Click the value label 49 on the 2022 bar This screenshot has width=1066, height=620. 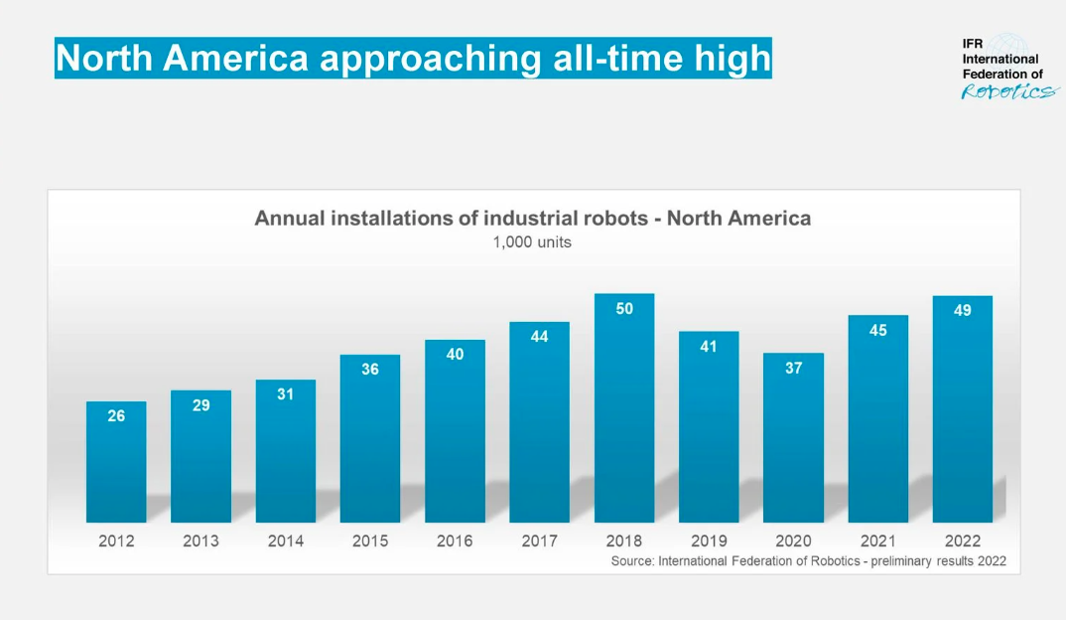point(962,310)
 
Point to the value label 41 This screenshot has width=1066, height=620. point(709,347)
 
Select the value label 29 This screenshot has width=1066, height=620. point(200,405)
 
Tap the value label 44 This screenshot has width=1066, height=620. point(539,337)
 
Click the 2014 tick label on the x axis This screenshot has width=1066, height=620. point(285,542)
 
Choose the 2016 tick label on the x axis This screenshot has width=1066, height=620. point(455,542)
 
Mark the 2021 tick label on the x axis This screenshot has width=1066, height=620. point(877,542)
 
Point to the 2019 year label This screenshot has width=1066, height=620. point(709,542)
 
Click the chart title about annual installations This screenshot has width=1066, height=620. point(532,218)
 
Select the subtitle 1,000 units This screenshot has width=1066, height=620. point(532,241)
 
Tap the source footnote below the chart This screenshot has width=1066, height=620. point(808,561)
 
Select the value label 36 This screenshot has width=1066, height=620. point(370,370)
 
